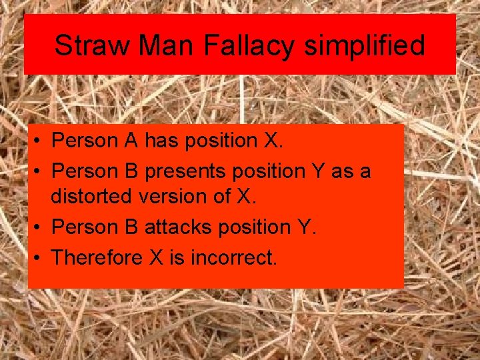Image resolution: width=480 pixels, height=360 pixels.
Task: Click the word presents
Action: (x=187, y=171)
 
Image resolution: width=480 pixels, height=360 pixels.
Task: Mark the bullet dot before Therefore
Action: (x=40, y=257)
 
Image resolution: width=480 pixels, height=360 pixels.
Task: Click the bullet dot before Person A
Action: (x=40, y=141)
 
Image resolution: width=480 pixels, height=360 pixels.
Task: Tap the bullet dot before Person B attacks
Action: (x=40, y=227)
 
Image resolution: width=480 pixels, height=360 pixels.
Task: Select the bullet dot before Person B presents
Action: (x=40, y=172)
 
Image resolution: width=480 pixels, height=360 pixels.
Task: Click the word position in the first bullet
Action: (x=217, y=141)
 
